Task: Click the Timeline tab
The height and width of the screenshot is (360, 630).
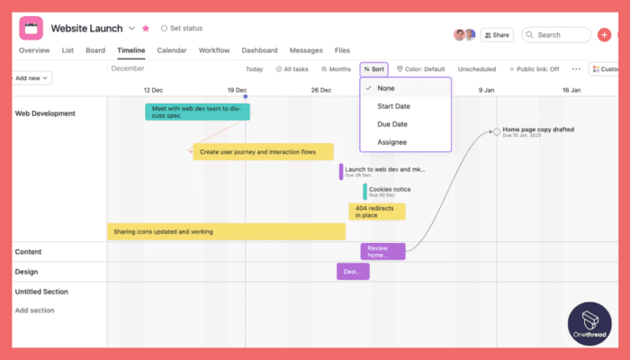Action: [x=130, y=50]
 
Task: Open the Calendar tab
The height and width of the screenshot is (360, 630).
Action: [x=172, y=50]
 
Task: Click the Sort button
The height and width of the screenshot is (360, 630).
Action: [x=374, y=68]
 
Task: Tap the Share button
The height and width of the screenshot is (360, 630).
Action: [x=497, y=35]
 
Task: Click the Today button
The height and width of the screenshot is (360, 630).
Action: [x=255, y=68]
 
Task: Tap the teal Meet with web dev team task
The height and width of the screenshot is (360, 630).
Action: [x=197, y=112]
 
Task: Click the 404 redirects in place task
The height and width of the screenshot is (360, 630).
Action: [x=376, y=211]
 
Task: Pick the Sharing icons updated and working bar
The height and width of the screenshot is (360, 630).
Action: [x=226, y=231]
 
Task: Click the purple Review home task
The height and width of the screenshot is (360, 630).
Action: [x=382, y=251]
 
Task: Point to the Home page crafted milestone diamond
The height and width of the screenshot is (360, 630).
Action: [x=496, y=132]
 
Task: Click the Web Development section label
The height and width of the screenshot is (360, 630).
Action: [x=45, y=113]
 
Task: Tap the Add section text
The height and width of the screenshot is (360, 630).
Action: [x=34, y=310]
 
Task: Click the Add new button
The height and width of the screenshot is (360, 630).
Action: [x=32, y=77]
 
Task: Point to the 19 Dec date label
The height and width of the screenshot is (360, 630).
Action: [x=237, y=90]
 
